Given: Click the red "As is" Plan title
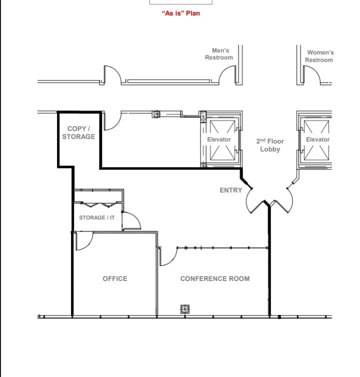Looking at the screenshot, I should tap(180, 13).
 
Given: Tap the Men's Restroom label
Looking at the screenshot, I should tap(219, 54).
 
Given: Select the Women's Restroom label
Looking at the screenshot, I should tap(319, 56).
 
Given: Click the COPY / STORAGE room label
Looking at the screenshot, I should tap(78, 132).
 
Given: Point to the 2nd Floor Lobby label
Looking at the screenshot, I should tap(270, 145).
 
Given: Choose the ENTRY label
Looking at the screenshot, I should tap(230, 190).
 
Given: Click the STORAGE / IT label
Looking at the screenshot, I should tap(96, 217).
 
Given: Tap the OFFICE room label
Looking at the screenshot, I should tap(115, 278).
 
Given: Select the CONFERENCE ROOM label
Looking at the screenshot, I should tap(214, 278).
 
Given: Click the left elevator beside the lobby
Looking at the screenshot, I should tap(219, 140).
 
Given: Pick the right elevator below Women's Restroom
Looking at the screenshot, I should tap(317, 140).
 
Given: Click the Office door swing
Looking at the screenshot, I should tap(82, 241).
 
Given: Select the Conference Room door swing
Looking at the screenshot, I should tap(168, 256).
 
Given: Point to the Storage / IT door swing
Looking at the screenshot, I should tap(131, 220).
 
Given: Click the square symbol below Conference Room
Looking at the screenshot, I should tap(184, 310).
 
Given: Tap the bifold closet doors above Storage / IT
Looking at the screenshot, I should tap(98, 204).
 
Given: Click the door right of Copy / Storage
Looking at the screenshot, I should tap(111, 121).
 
